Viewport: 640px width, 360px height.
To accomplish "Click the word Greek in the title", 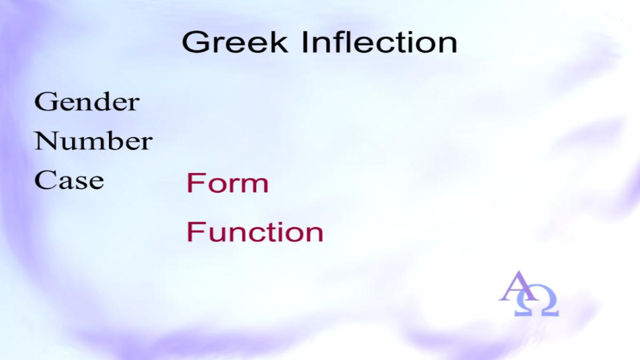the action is pyautogui.click(x=235, y=42).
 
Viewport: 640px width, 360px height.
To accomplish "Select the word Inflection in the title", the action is pyautogui.click(x=380, y=42).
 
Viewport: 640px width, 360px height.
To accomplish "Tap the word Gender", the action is pyautogui.click(x=87, y=102).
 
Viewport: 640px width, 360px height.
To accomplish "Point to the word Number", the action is pyautogui.click(x=93, y=141).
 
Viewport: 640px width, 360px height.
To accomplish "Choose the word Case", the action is pyautogui.click(x=69, y=180).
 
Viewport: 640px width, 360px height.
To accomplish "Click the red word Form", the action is pyautogui.click(x=228, y=183).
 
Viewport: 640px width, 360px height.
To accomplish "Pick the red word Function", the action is pyautogui.click(x=255, y=232).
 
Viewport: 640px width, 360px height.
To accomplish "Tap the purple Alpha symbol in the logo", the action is pyautogui.click(x=518, y=286).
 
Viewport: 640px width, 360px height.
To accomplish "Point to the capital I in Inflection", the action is pyautogui.click(x=305, y=42).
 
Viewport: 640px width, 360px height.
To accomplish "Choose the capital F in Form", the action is pyautogui.click(x=194, y=183).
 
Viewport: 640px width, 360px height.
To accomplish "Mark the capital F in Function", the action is pyautogui.click(x=194, y=232).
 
